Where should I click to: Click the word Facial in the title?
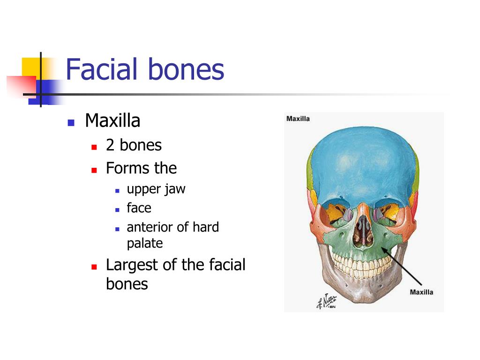(102, 69)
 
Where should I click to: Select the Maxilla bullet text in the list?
(112, 121)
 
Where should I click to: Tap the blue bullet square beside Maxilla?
(71, 123)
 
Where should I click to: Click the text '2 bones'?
(134, 145)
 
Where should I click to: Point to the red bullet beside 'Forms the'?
(94, 170)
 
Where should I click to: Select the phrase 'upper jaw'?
(156, 189)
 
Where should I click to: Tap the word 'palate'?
(145, 243)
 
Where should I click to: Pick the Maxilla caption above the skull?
(298, 119)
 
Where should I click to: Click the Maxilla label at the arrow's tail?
(421, 292)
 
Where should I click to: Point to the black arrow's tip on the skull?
(382, 247)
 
